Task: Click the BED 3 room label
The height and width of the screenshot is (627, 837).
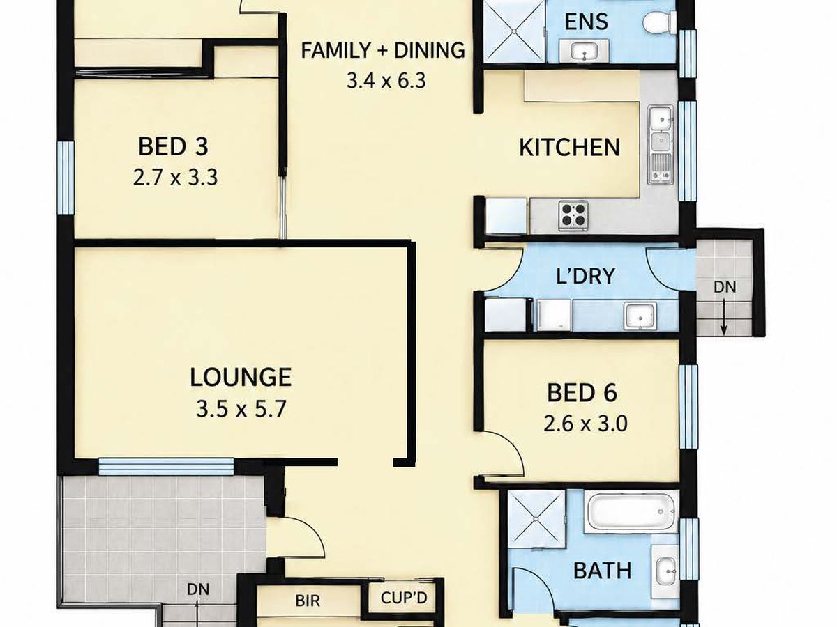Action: (173, 147)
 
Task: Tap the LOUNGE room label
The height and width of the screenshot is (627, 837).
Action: (241, 378)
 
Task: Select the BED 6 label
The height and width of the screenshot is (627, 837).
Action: (582, 393)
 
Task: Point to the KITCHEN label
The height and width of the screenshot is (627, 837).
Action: (570, 148)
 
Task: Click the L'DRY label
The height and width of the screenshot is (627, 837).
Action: (585, 276)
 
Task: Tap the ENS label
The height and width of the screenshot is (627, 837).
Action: (586, 22)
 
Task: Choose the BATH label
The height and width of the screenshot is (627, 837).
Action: (603, 571)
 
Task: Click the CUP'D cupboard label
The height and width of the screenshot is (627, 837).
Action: (404, 598)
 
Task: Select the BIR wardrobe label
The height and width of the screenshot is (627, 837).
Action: (308, 601)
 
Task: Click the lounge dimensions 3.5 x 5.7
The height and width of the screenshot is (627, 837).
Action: (241, 410)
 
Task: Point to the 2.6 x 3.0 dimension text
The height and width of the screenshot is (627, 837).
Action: (585, 424)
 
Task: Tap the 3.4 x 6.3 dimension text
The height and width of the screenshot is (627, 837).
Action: (386, 81)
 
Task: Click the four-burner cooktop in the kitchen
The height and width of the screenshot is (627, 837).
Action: (573, 215)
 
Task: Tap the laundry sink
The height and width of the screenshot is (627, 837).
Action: (640, 316)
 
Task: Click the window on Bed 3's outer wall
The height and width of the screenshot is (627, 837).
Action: (66, 178)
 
